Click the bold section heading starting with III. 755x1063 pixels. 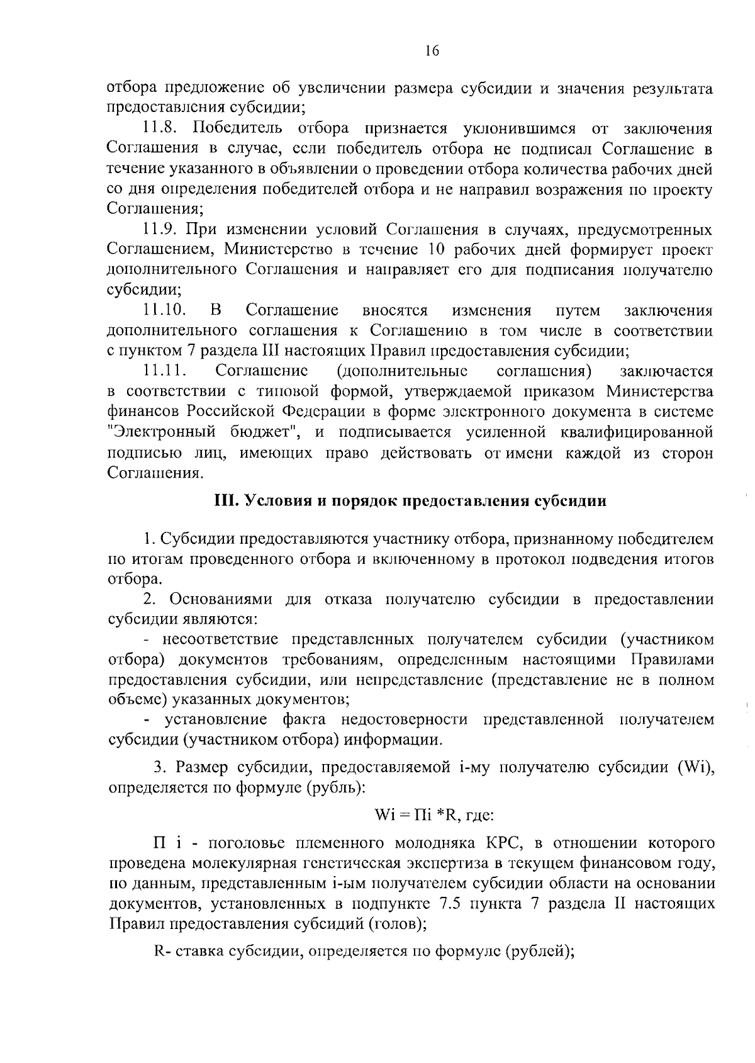pyautogui.click(x=411, y=501)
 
